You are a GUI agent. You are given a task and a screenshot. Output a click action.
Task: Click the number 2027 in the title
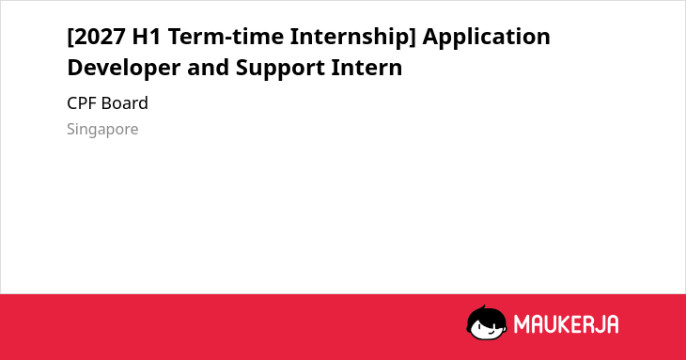[x=100, y=37]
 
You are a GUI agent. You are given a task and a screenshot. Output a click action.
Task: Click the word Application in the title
[x=486, y=37]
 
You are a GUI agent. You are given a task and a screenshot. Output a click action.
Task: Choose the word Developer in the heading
[x=124, y=68]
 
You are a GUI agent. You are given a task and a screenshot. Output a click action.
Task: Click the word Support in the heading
[x=280, y=69]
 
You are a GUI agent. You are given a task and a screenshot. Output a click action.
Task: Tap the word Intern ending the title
[x=366, y=68]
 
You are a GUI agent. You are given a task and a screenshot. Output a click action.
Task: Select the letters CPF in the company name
[x=82, y=103]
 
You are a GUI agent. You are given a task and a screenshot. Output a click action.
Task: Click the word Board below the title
[x=125, y=103]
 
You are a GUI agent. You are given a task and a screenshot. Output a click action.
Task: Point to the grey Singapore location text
[x=102, y=130]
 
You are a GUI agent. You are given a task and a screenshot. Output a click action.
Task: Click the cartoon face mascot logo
[x=487, y=323]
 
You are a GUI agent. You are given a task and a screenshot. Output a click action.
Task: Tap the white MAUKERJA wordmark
[x=566, y=324]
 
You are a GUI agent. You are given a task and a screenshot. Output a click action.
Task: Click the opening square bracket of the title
[x=70, y=37]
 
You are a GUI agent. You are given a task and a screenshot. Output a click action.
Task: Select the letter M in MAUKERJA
[x=521, y=324]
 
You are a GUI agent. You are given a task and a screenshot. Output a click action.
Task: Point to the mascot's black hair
[x=486, y=314]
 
